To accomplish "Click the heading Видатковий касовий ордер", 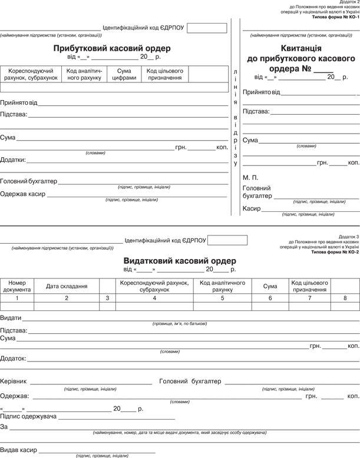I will (x=180, y=260).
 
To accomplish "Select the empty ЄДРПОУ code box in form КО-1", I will (x=207, y=28).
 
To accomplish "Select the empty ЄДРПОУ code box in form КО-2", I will (x=227, y=240).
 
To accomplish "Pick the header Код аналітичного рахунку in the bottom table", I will (x=223, y=286).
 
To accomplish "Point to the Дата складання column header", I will (x=67, y=286).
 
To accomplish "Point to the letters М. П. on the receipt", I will (x=250, y=177).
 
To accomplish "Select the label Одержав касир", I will (x=22, y=194).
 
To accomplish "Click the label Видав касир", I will (x=18, y=449).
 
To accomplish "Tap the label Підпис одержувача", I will (x=28, y=416).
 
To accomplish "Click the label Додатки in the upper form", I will (x=12, y=160).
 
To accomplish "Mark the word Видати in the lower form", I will (x=11, y=317).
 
